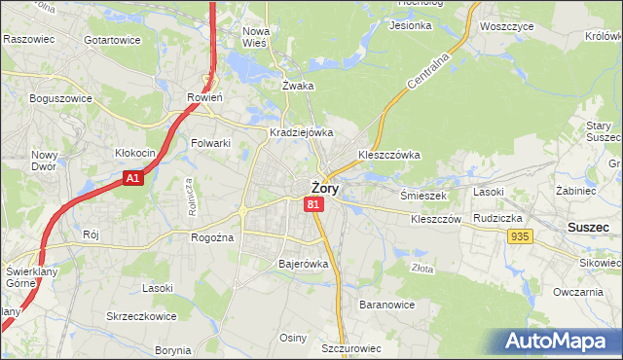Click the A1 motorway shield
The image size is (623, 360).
tap(134, 178)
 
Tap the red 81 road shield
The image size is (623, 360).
tap(312, 204)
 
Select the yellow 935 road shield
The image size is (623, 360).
tap(519, 236)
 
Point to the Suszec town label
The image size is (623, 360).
tap(588, 227)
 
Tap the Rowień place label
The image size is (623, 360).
tap(205, 97)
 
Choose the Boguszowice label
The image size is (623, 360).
tap(60, 98)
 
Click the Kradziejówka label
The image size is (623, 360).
tap(302, 132)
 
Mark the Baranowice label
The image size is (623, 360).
tap(387, 305)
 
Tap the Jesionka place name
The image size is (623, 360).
tap(410, 25)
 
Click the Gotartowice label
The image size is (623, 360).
tap(112, 40)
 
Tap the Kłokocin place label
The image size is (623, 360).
tap(135, 153)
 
